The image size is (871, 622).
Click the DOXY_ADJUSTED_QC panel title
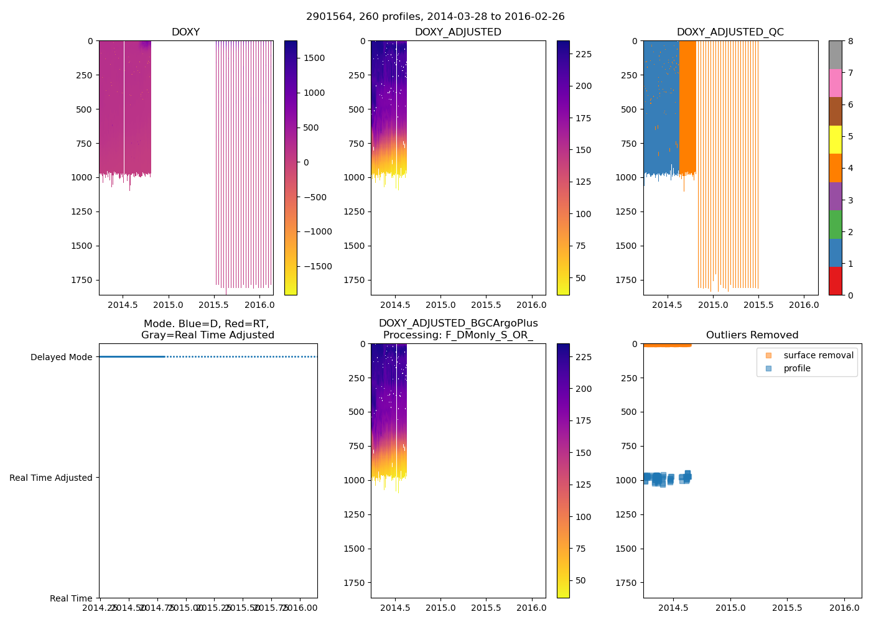click(x=730, y=32)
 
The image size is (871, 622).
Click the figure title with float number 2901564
click(x=435, y=17)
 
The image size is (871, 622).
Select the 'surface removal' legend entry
click(x=818, y=355)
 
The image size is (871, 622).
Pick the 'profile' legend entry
click(x=797, y=368)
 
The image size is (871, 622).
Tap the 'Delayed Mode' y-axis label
click(x=61, y=357)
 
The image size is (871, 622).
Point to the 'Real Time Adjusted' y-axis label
click(x=51, y=478)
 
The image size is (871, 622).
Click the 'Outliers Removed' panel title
click(x=752, y=335)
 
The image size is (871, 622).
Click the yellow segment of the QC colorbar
click(x=835, y=139)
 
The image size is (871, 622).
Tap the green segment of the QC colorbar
click(x=835, y=224)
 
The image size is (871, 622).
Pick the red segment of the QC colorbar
click(x=835, y=281)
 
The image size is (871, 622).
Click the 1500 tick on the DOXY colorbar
click(x=314, y=58)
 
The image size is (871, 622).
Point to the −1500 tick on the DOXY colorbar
click(x=317, y=266)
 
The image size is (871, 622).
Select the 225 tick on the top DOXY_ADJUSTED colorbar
click(x=584, y=54)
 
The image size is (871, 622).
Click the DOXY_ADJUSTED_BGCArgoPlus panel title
click(x=458, y=329)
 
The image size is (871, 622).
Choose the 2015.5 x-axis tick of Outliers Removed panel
click(x=787, y=608)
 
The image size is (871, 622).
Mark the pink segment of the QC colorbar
click(x=835, y=83)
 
